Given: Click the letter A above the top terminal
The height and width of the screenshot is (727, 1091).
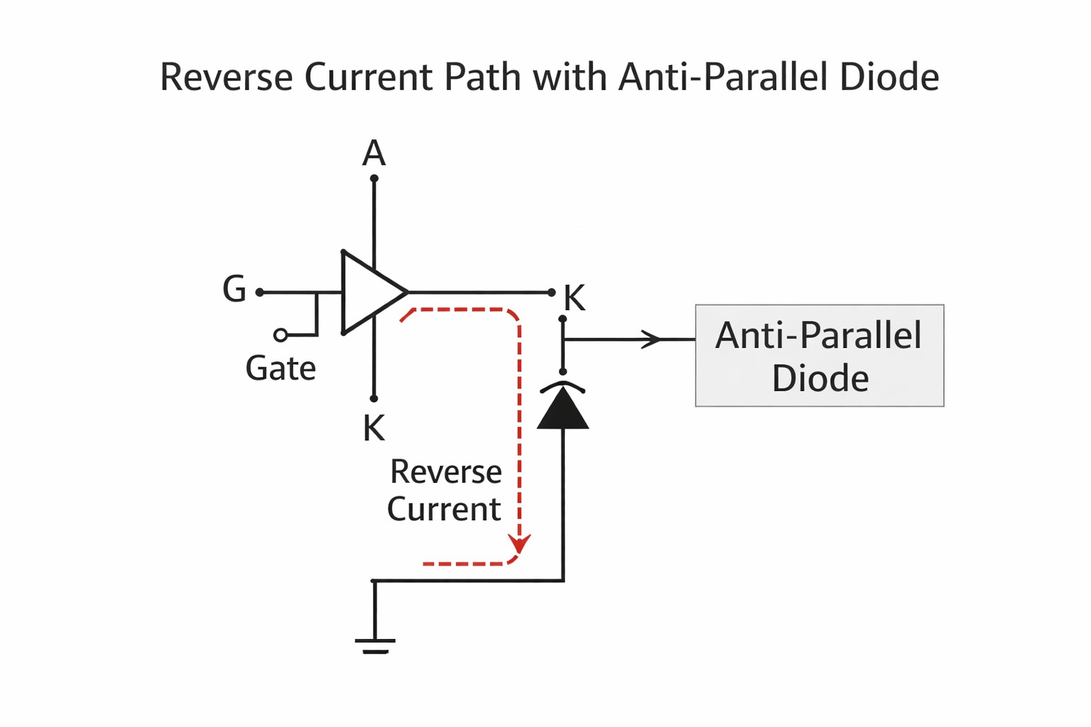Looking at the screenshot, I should coord(374,153).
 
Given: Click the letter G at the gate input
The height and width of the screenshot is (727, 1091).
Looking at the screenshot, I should coord(234,290).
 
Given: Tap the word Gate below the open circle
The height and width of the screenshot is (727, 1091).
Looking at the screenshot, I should coord(281,368).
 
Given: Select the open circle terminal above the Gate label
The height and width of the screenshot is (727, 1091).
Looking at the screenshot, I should coord(281,335).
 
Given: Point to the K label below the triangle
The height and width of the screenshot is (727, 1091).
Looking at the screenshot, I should coord(374,428).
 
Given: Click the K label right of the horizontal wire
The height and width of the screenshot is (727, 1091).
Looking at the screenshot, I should coord(574,298).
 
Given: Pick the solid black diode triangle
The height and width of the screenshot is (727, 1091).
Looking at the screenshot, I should coord(563,411).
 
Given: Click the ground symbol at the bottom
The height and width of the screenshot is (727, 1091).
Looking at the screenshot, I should coord(375,645).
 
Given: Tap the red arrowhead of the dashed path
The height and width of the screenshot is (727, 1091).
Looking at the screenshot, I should coord(520,545).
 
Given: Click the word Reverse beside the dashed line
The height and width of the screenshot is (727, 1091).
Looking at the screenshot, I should coord(446,472).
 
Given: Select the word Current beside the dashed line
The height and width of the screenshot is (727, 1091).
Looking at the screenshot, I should coord(444,510).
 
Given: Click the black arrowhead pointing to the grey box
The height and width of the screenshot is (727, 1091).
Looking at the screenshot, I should coord(651,339).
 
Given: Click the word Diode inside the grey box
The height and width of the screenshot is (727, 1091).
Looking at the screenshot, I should coord(820,378).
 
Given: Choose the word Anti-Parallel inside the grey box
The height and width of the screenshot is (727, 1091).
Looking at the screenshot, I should coord(818,335).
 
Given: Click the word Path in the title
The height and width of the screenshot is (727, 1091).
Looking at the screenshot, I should coord(481,77).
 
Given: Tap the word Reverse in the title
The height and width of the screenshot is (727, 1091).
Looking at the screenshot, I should coord(227,77).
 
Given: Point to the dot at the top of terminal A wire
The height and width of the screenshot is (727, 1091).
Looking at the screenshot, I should coord(374,179).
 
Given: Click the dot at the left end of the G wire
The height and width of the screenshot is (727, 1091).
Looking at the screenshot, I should coord(260,293).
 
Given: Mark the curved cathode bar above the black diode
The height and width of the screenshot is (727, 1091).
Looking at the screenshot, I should coord(563,386).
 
